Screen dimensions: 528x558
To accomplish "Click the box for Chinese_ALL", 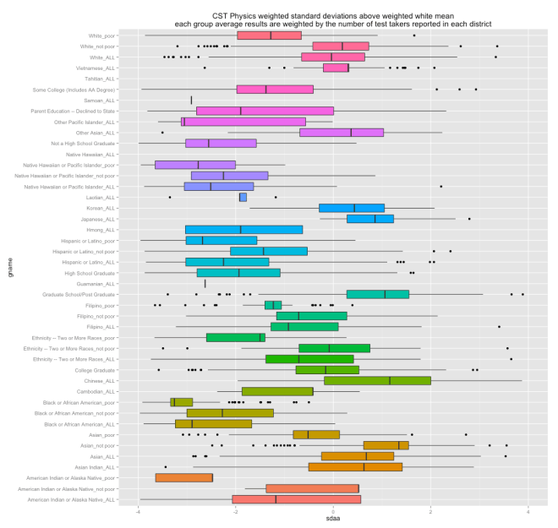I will tap(377, 380).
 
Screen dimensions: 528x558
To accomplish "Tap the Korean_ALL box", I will tap(352, 208).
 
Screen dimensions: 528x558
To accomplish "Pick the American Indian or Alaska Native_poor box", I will tap(184, 477).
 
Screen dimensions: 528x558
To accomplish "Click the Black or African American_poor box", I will tap(182, 402).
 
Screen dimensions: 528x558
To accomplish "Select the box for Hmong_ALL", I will tap(244, 229).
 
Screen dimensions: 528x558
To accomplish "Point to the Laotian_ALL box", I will tap(243, 197).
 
